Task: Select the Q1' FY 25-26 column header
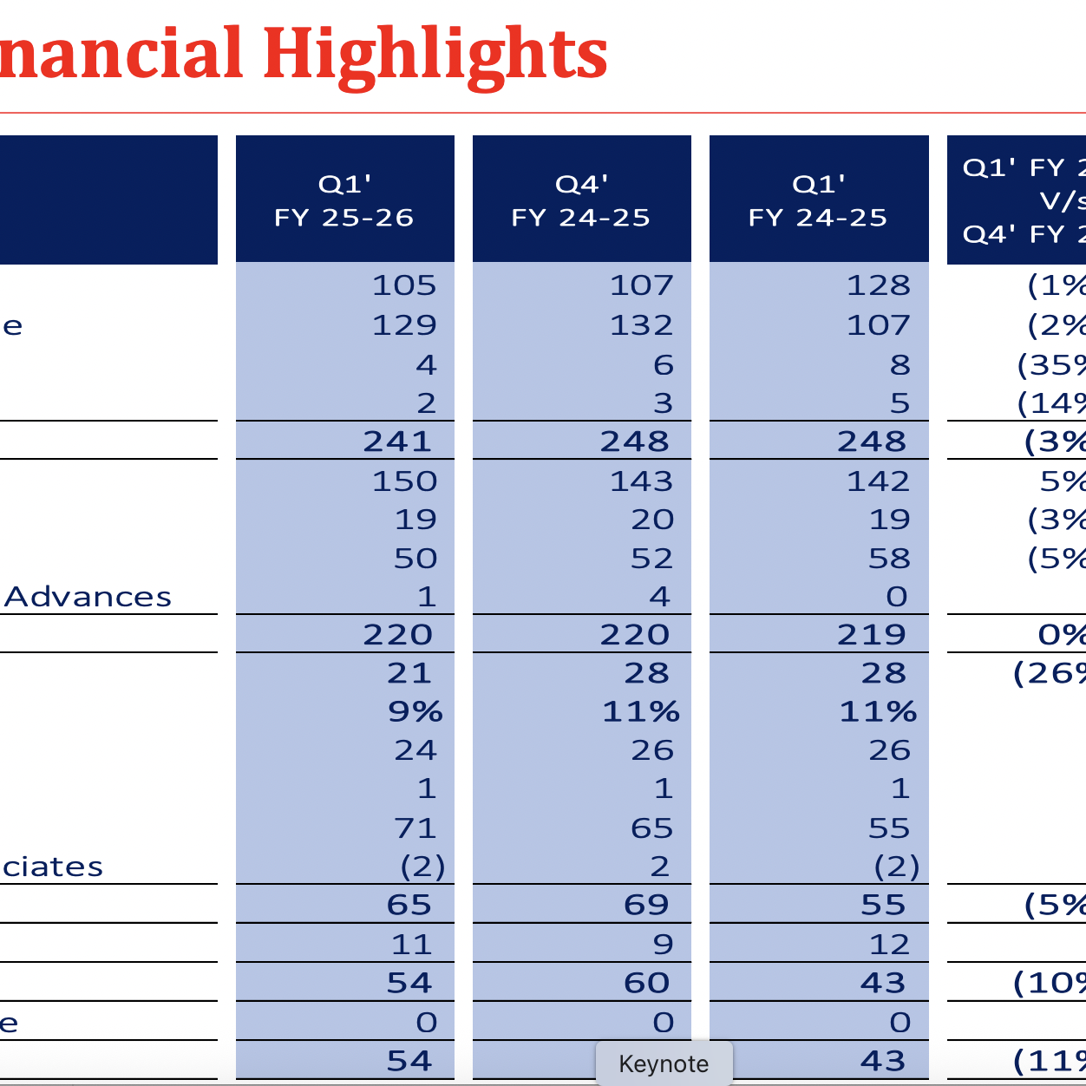click(344, 200)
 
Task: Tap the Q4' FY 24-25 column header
click(581, 200)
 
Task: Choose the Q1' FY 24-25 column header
click(818, 200)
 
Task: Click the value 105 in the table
click(404, 285)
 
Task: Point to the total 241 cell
click(397, 442)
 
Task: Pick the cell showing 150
click(404, 481)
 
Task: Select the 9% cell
click(415, 712)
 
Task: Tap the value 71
click(415, 828)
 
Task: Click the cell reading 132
click(642, 325)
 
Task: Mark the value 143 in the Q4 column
click(642, 481)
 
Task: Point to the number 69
click(647, 906)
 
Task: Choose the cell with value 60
click(647, 983)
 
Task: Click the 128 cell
click(879, 285)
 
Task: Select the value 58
click(890, 559)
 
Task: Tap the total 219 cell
click(872, 635)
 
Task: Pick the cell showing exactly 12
click(890, 945)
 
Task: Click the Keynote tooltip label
click(664, 1064)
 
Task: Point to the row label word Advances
click(88, 597)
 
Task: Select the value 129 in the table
click(404, 325)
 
